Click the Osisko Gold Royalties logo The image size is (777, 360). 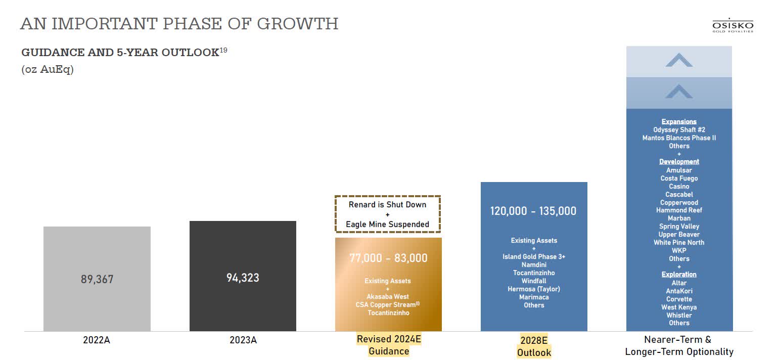[733, 26]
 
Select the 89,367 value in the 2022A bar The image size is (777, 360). [97, 279]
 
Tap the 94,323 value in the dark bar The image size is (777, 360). [243, 278]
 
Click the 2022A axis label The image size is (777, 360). [97, 340]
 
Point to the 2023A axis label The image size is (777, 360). [243, 340]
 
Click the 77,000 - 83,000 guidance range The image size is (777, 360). [388, 258]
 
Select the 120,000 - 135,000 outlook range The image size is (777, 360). [533, 211]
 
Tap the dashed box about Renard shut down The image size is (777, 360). [388, 214]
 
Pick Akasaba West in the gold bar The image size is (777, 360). [388, 297]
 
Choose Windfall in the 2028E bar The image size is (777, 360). [534, 281]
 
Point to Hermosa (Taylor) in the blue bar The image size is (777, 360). [534, 289]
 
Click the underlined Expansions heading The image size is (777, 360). [679, 122]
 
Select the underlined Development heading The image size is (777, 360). [679, 162]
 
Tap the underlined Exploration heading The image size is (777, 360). [679, 275]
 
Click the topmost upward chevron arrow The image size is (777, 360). [679, 61]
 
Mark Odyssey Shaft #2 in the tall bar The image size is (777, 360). [679, 130]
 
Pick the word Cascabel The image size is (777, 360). [679, 195]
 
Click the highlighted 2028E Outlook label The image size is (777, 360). [534, 346]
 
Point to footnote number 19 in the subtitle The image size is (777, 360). [223, 50]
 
